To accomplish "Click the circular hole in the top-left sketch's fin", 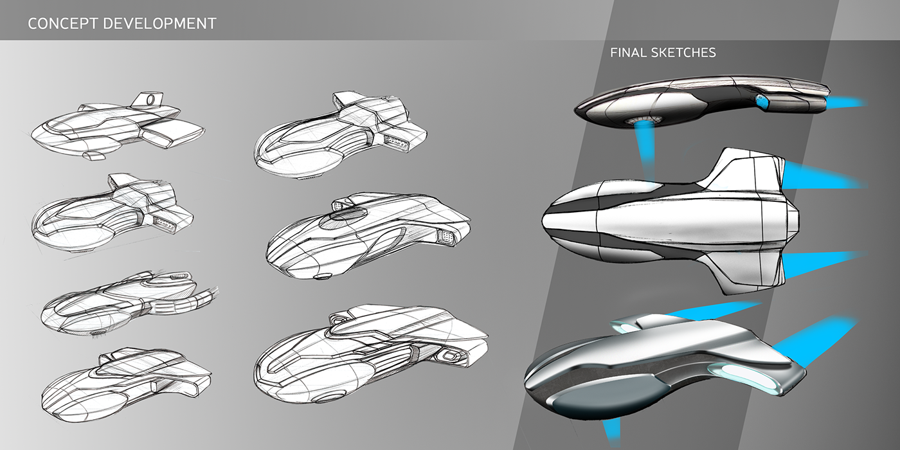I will pos(151,100).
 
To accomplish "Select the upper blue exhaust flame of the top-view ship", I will pos(823,175).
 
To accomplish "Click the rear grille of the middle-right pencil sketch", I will pos(444,237).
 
